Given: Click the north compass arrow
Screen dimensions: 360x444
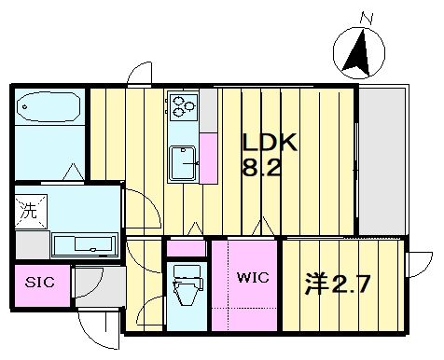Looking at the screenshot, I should click(355, 53).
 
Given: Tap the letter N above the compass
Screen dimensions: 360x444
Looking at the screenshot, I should click(367, 17).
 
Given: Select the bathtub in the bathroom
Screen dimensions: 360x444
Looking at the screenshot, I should click(49, 108).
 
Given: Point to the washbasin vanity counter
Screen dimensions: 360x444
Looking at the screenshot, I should click(84, 244).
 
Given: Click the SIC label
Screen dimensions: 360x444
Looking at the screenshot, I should click(39, 282).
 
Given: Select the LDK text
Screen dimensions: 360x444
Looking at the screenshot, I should click(270, 144).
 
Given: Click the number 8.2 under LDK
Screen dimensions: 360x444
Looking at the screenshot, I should click(262, 169).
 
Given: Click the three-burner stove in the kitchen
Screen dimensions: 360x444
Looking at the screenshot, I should click(183, 105).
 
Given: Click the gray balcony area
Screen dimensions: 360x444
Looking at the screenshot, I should click(382, 162).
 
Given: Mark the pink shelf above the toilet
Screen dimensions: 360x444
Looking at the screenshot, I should click(187, 248).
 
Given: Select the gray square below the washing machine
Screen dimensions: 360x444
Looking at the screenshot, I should click(31, 244).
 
